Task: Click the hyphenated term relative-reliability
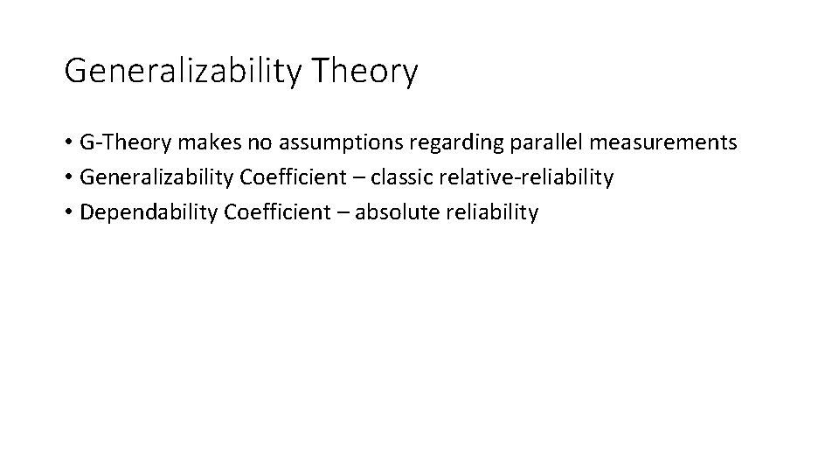tap(527, 177)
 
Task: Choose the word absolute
tap(387, 212)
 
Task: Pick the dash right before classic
tap(357, 178)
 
